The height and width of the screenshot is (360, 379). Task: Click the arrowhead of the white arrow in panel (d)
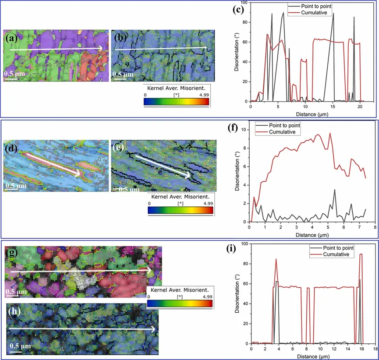coord(84,175)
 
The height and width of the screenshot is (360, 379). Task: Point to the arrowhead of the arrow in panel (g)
coord(151,271)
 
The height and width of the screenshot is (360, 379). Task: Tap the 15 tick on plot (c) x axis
coord(333,106)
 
